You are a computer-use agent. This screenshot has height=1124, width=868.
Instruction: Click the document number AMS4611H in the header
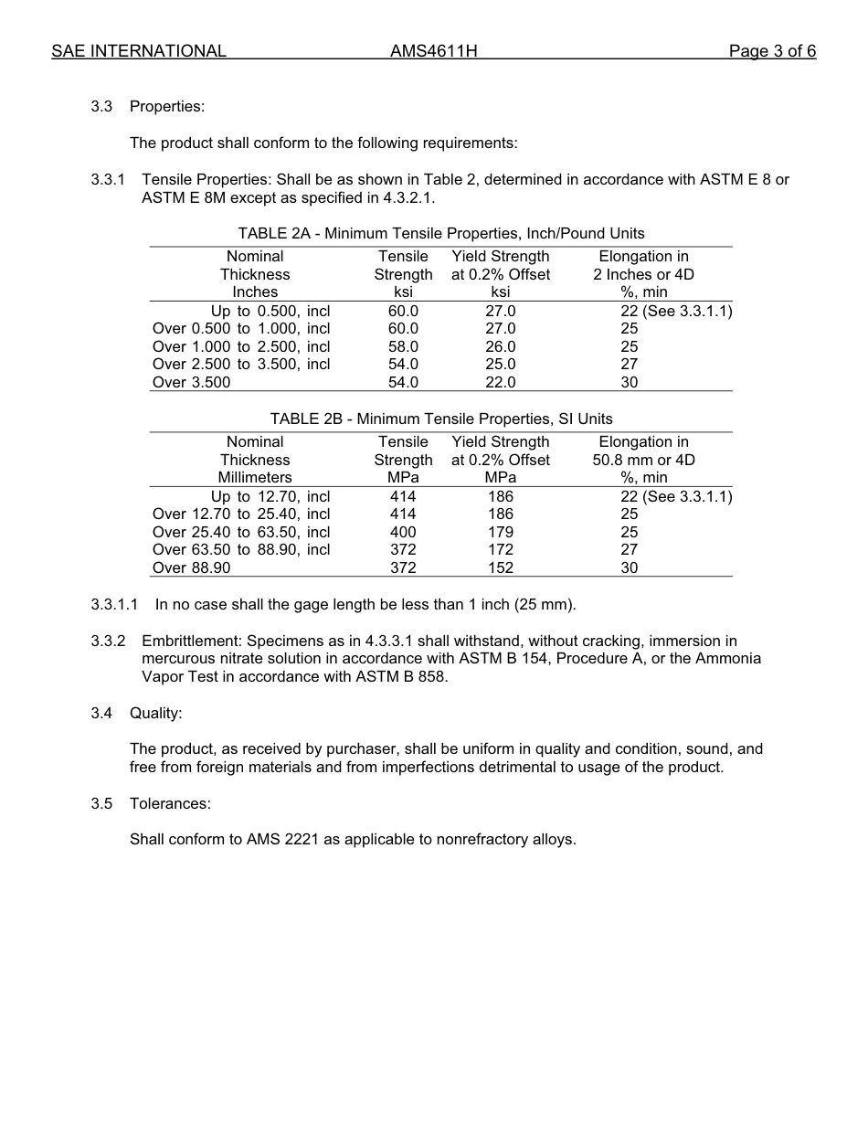tap(433, 51)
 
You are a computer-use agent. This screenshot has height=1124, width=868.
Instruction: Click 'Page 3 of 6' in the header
tap(772, 51)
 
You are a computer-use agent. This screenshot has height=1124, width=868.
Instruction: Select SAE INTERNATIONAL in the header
tap(139, 51)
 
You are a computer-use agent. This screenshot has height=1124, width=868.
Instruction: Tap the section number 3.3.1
tap(109, 180)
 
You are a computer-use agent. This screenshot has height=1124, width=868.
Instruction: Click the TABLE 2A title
tap(441, 234)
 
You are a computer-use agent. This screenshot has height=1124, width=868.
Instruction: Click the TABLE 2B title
tap(441, 419)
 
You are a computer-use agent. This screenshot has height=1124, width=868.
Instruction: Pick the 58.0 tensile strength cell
tap(403, 347)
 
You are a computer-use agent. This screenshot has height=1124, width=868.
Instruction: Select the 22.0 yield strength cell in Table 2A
tap(500, 383)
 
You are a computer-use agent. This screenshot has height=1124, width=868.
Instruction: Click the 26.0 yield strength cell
tap(500, 347)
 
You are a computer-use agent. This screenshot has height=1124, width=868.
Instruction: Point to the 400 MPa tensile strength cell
tap(403, 533)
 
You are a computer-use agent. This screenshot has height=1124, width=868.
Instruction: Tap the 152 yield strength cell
tap(500, 568)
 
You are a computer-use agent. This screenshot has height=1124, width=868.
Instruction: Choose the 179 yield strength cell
tap(500, 533)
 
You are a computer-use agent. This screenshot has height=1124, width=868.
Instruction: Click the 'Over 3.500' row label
tap(192, 383)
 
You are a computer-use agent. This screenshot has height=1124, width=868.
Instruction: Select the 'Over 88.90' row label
tap(192, 568)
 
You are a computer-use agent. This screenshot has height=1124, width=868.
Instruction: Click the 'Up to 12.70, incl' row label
tap(270, 497)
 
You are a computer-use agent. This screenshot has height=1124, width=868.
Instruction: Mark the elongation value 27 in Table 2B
tap(630, 550)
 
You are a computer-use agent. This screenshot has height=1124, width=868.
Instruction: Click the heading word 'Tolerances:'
tap(170, 804)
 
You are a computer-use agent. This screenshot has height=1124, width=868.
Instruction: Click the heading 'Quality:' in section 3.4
tap(155, 713)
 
